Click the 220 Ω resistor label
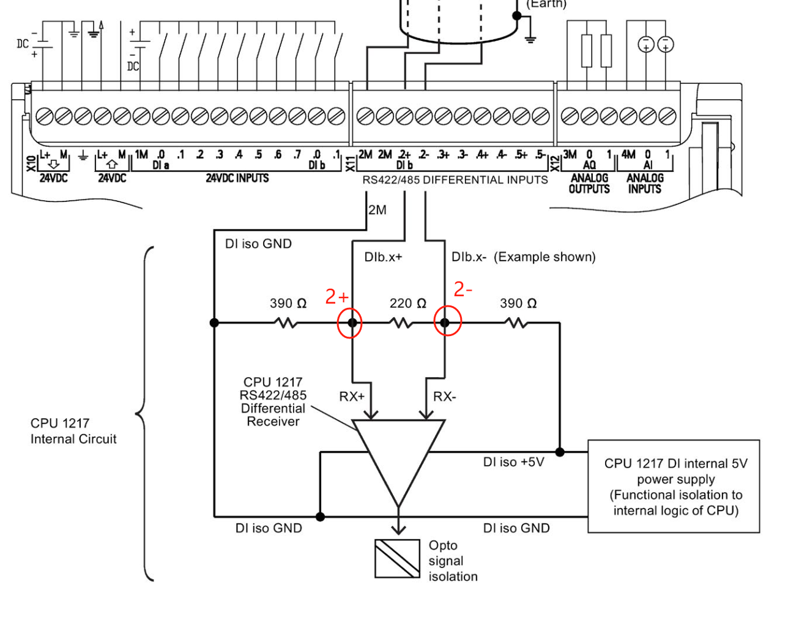pyautogui.click(x=407, y=304)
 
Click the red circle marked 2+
pyautogui.click(x=351, y=323)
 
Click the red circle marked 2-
pyautogui.click(x=447, y=323)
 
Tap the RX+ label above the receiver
pyautogui.click(x=352, y=397)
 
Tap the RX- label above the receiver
pyautogui.click(x=445, y=397)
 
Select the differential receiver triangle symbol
pyautogui.click(x=398, y=453)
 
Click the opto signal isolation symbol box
pyautogui.click(x=397, y=558)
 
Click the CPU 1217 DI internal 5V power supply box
pyautogui.click(x=674, y=487)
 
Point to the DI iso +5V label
pyautogui.click(x=513, y=462)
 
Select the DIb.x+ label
pyautogui.click(x=383, y=257)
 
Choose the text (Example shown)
pyautogui.click(x=544, y=257)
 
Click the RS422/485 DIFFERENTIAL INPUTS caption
pyautogui.click(x=455, y=180)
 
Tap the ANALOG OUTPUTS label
pyautogui.click(x=589, y=183)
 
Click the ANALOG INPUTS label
pyautogui.click(x=645, y=183)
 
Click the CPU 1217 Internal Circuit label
pyautogui.click(x=73, y=431)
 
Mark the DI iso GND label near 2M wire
pyautogui.click(x=258, y=244)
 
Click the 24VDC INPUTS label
pyautogui.click(x=237, y=178)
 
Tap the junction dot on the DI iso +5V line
pyautogui.click(x=560, y=452)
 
